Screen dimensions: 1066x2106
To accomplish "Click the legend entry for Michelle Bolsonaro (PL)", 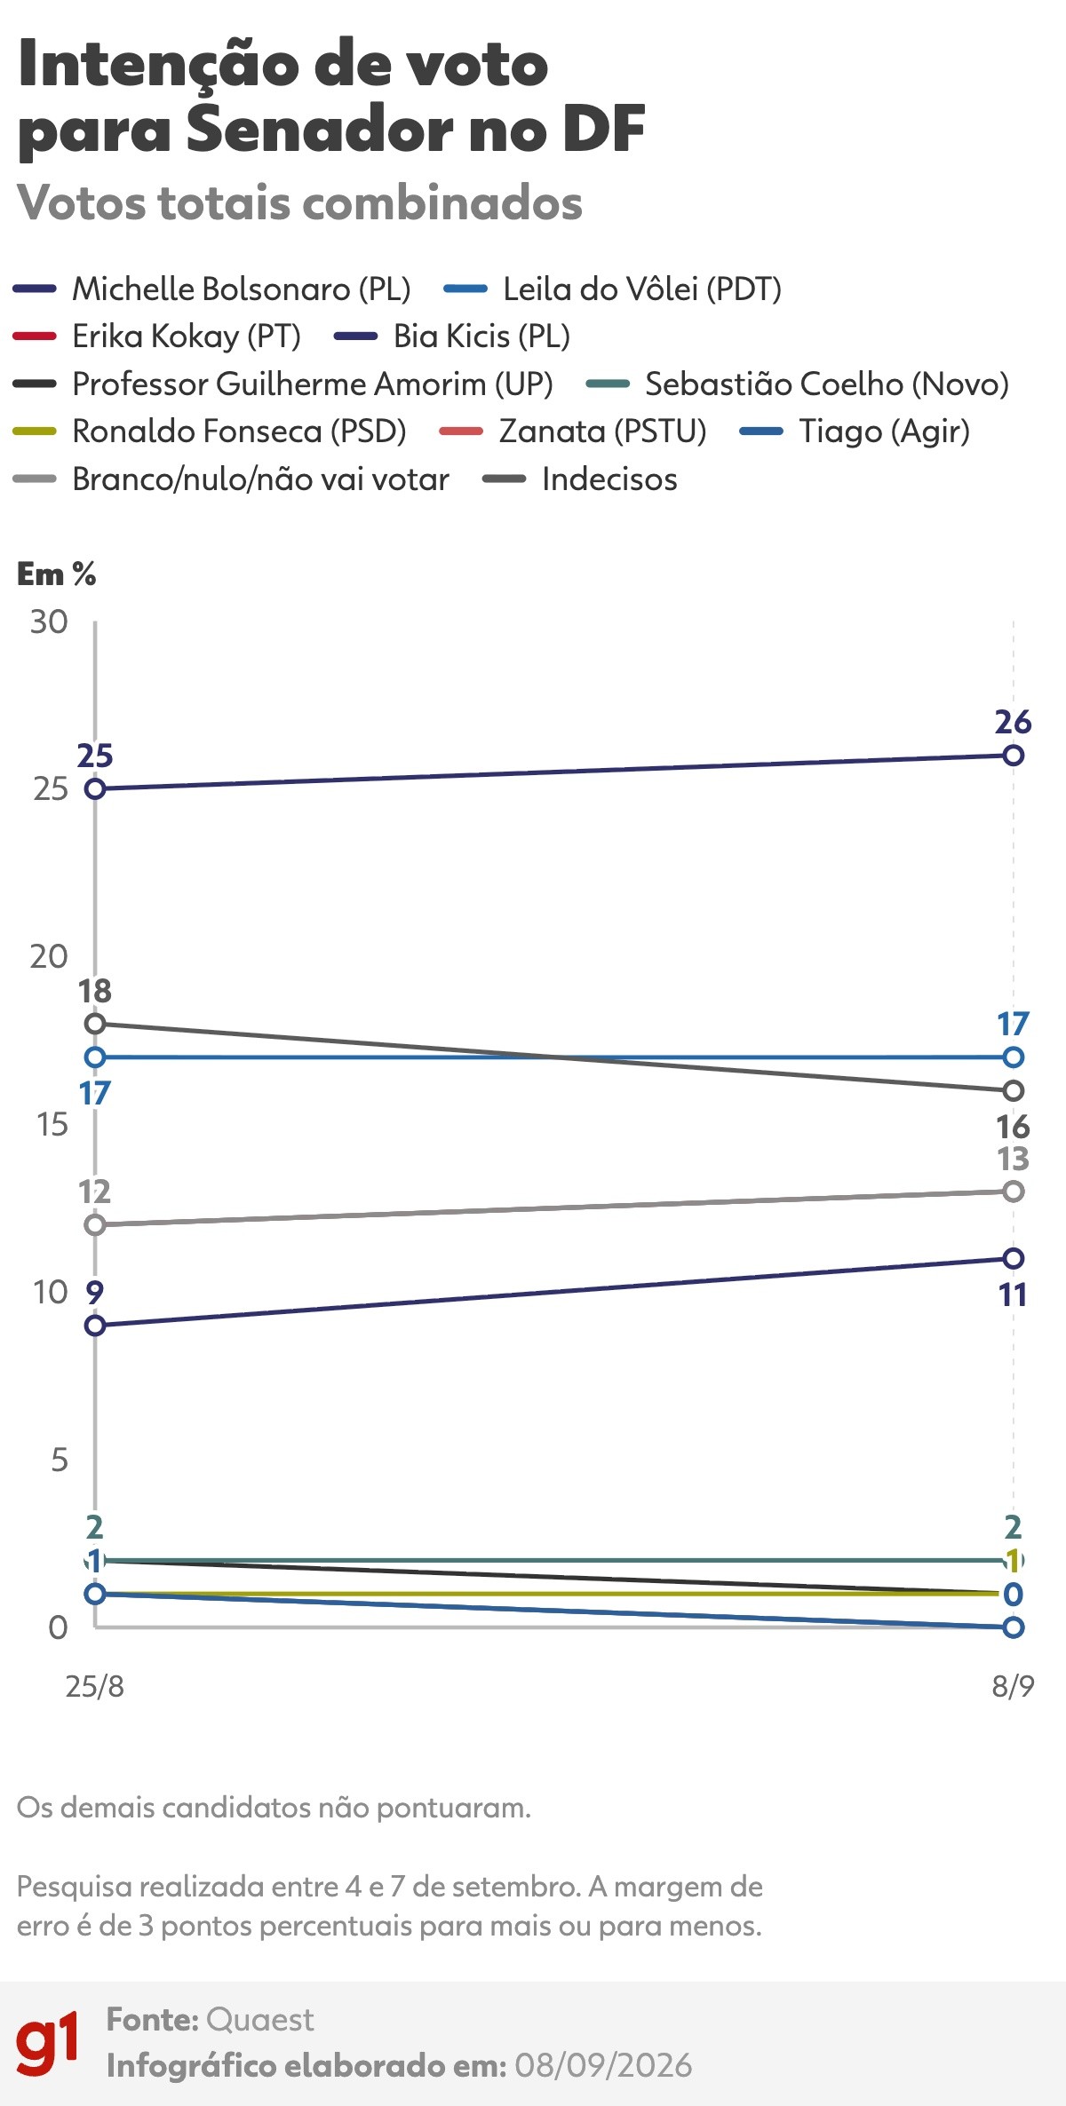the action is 212,289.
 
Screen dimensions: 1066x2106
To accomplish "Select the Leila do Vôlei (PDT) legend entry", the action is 613,289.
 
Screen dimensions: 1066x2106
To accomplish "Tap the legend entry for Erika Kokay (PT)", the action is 157,336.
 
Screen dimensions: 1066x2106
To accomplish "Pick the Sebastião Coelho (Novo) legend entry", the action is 799,384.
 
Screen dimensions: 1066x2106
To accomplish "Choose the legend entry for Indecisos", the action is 580,479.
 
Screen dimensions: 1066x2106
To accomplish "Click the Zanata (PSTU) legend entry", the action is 573,431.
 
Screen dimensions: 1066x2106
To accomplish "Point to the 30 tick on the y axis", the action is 49,622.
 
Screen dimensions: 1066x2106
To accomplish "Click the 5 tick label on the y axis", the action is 59,1461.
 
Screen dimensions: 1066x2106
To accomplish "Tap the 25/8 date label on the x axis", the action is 94,1686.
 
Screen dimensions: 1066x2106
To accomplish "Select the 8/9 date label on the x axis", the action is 1013,1686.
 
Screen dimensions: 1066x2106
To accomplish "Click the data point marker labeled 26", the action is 1013,756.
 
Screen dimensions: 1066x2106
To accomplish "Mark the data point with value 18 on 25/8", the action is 95,1024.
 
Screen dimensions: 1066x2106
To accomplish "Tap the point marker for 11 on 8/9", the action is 1013,1258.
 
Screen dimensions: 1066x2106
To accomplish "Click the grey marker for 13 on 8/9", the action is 1013,1192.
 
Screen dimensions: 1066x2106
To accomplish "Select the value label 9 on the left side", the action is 94,1293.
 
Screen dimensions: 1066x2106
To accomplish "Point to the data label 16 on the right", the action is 1013,1127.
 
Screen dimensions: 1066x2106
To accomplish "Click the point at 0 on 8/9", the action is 1013,1627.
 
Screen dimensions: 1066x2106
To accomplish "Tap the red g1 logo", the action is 48,2042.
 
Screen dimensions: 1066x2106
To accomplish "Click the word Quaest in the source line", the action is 259,2020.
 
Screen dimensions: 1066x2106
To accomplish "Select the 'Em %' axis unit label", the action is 57,574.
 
